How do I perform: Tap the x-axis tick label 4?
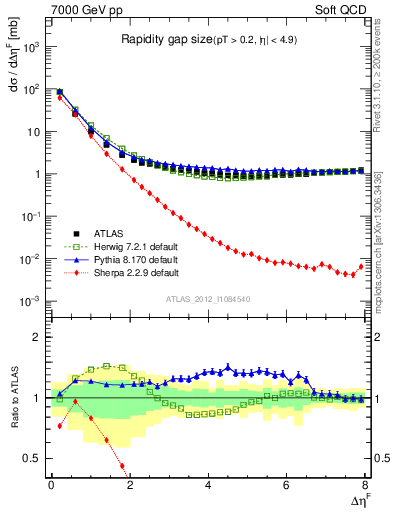point(208,487)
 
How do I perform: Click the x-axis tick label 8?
point(365,487)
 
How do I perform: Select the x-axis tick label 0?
point(51,487)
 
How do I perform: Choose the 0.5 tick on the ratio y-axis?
point(34,458)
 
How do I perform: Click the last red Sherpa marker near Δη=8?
point(362,266)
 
